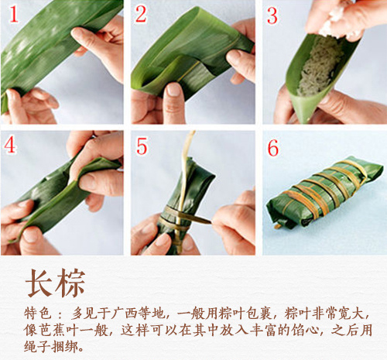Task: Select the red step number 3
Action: (x=272, y=14)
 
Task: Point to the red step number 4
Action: (x=10, y=145)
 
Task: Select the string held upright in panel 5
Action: (x=187, y=155)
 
